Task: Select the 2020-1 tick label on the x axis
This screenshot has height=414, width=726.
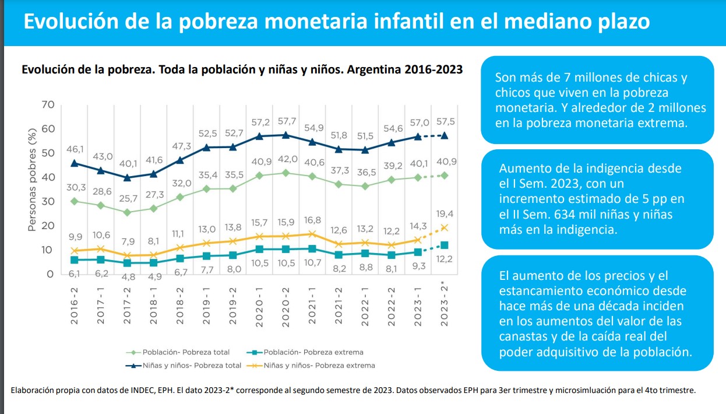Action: pos(259,304)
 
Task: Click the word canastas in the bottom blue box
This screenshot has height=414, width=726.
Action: pos(521,337)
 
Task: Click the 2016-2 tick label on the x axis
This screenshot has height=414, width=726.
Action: pos(75,304)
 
